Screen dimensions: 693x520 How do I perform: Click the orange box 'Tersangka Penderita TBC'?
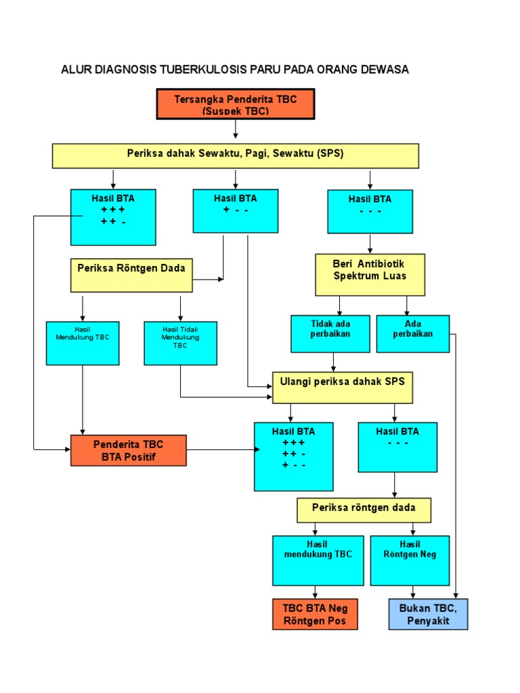235,104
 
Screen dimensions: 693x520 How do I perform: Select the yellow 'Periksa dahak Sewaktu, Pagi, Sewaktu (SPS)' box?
235,155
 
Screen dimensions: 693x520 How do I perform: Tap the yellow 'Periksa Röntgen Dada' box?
131,275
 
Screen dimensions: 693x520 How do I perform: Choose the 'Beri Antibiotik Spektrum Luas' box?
370,275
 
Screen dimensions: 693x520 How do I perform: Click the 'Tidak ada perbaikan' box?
330,334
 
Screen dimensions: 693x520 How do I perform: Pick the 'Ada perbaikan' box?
412,334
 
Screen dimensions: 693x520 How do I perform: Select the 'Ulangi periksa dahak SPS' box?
342,388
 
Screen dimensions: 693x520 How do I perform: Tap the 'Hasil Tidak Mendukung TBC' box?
180,343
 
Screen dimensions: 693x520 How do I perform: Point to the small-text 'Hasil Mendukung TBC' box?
82,343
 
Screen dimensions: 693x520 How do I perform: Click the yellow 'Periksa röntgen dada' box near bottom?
364,510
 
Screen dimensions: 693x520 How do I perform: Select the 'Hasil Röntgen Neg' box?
410,560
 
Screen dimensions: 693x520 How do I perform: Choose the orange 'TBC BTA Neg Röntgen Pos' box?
315,614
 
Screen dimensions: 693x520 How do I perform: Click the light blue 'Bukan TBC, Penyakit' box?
428,614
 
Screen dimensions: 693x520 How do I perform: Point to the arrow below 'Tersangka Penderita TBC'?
235,129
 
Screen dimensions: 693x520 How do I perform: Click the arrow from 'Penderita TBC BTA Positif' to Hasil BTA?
220,449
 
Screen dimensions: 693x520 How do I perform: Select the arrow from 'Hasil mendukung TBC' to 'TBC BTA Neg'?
314,591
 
